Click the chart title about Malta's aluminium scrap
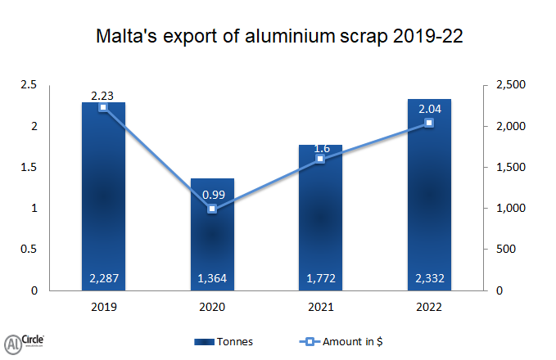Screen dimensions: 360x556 tap(278, 37)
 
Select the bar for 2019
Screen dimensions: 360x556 tap(104, 196)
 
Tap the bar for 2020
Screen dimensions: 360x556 tap(212, 237)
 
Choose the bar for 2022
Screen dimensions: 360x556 tap(429, 196)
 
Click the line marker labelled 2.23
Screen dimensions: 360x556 tap(104, 107)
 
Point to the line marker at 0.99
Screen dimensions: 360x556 tap(212, 209)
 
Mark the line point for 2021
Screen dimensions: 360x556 tap(320, 159)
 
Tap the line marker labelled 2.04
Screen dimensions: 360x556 tap(429, 123)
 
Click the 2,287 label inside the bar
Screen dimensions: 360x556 tap(104, 279)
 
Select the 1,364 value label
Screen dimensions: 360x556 tap(212, 279)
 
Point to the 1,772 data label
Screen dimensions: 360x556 tap(320, 279)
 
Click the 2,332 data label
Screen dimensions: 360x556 tap(429, 279)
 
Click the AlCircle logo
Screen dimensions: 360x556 tap(25, 341)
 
